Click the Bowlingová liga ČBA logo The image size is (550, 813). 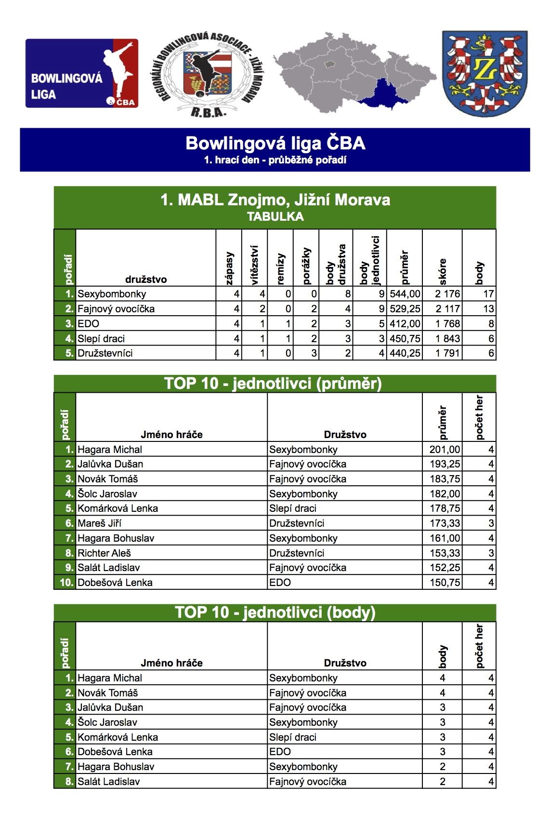(82, 73)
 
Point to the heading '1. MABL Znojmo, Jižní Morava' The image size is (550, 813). (275, 200)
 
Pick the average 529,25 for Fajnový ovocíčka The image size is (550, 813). (405, 309)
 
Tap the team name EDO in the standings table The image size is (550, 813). (89, 324)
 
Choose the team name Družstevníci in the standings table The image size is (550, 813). (105, 353)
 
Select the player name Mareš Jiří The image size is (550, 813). (99, 523)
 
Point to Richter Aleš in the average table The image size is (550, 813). (104, 553)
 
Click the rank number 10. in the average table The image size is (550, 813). (66, 583)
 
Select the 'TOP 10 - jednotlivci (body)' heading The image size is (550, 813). (275, 612)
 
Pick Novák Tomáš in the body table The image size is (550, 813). (107, 693)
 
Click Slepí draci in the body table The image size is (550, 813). (293, 737)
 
